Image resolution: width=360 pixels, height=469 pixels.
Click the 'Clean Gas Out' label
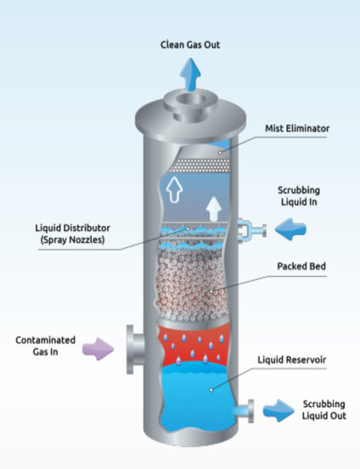pos(190,45)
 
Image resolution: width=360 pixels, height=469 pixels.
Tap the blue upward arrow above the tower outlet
pos(190,75)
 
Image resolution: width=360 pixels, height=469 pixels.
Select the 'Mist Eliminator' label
pos(297,128)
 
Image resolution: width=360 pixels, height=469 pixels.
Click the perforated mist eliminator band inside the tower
pos(200,166)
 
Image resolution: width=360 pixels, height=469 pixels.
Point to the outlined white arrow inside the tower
pos(174,189)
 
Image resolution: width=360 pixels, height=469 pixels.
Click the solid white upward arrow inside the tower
pos(214,209)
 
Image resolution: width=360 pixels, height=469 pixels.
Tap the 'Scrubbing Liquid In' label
pos(299,196)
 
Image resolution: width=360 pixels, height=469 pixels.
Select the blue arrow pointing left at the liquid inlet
pos(290,229)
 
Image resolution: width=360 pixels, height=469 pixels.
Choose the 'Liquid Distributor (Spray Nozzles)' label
pos(73,234)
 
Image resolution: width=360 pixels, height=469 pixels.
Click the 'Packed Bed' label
pos(301,266)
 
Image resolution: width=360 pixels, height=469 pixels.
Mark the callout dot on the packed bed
pos(211,291)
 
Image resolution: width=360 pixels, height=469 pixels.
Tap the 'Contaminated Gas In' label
pos(46,346)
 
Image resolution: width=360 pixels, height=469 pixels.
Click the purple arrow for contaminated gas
pos(98,349)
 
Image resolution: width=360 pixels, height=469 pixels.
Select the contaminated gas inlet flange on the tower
pos(136,349)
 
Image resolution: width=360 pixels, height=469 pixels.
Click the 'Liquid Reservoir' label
pos(292,359)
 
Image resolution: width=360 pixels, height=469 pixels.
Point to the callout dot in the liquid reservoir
pos(211,390)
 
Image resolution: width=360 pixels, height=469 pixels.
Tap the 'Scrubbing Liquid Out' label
pos(324,410)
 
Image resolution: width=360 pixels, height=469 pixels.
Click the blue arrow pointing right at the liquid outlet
pos(278,410)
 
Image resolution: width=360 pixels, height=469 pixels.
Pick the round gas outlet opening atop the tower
pos(190,99)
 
